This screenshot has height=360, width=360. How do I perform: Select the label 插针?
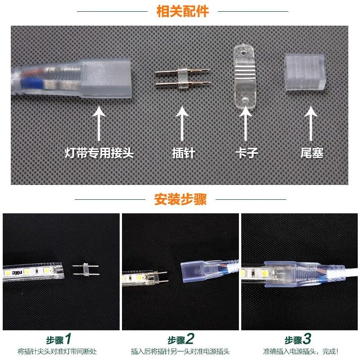(183, 153)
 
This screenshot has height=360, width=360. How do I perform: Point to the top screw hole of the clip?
(243, 53)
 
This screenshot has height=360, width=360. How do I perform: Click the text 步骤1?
(58, 339)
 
